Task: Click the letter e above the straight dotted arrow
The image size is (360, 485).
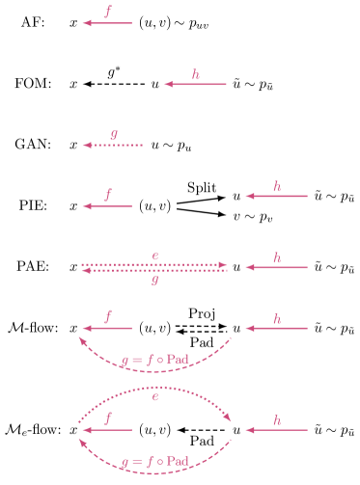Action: [x=155, y=256]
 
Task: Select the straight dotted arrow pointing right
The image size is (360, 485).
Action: [x=154, y=264]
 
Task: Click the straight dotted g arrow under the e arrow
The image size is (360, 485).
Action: [x=154, y=271]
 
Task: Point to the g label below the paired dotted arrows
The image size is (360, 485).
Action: [x=155, y=282]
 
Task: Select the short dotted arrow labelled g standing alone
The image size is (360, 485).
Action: [x=113, y=146]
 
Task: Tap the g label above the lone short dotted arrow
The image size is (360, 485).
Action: [x=114, y=135]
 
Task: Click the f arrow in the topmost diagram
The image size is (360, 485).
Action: [x=107, y=23]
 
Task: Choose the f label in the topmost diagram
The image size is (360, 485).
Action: [x=108, y=13]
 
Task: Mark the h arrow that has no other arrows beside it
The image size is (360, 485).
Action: [x=195, y=84]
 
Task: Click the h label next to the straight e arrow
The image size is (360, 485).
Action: [x=277, y=257]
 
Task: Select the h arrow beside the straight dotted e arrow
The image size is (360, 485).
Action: [x=277, y=267]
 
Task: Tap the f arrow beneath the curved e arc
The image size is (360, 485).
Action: [x=107, y=430]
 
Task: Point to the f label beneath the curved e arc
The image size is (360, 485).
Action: [x=108, y=418]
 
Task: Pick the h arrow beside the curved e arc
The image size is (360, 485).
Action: [x=277, y=430]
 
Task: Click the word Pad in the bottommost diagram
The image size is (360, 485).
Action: [x=177, y=461]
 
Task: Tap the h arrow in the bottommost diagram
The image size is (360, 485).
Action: [x=277, y=430]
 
